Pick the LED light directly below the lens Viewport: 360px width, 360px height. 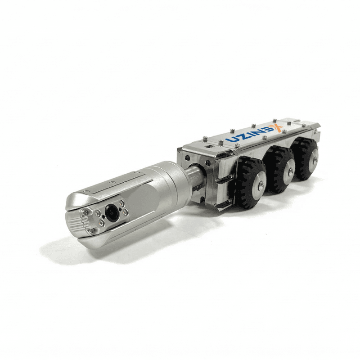tap(100, 221)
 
